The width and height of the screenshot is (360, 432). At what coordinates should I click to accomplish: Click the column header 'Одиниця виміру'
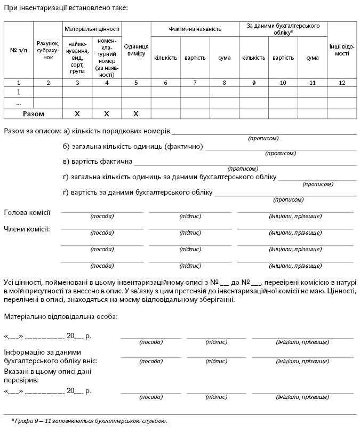136,50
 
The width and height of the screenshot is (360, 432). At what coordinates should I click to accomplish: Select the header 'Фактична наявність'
195,29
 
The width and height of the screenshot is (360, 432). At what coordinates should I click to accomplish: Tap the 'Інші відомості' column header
342,50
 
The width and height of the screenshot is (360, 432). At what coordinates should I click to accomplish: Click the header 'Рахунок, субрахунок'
48,50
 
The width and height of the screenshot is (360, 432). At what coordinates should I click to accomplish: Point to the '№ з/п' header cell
19,50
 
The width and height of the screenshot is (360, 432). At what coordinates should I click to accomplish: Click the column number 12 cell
342,82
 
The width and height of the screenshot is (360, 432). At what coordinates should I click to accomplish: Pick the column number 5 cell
136,82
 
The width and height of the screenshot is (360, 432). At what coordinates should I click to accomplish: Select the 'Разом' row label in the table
33,114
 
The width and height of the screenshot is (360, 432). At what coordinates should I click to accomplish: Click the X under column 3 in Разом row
77,114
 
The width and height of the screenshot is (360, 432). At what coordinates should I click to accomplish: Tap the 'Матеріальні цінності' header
92,29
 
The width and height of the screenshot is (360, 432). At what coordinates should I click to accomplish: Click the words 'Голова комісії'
27,213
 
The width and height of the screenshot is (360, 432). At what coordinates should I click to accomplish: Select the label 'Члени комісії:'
27,229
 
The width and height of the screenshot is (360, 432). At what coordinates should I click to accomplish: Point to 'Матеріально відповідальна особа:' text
61,316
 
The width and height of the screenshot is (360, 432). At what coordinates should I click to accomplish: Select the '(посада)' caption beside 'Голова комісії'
102,217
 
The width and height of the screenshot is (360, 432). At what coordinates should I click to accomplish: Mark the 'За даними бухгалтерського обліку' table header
283,29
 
